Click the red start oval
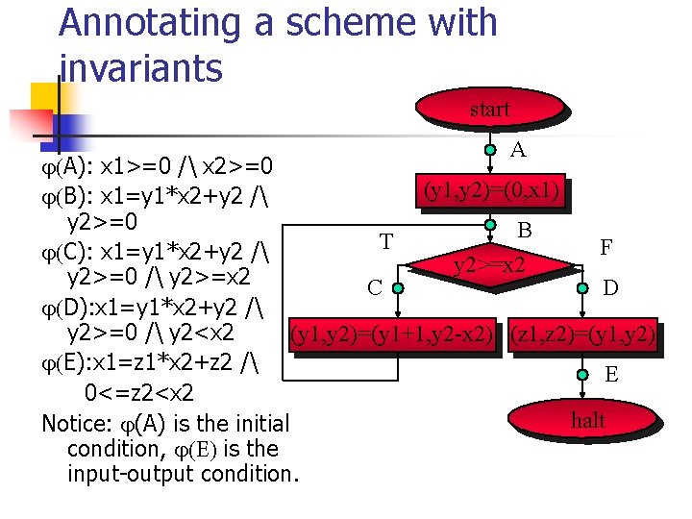click(x=489, y=110)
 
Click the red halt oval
click(x=587, y=420)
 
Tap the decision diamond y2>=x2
click(x=489, y=262)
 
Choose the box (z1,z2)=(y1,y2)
click(x=583, y=334)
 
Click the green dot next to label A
click(x=490, y=150)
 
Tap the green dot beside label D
click(x=582, y=285)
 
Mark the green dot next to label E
click(x=582, y=374)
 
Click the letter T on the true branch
click(x=385, y=241)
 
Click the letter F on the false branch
click(x=606, y=247)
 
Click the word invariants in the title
click(x=140, y=68)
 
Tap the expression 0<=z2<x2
click(x=138, y=393)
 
